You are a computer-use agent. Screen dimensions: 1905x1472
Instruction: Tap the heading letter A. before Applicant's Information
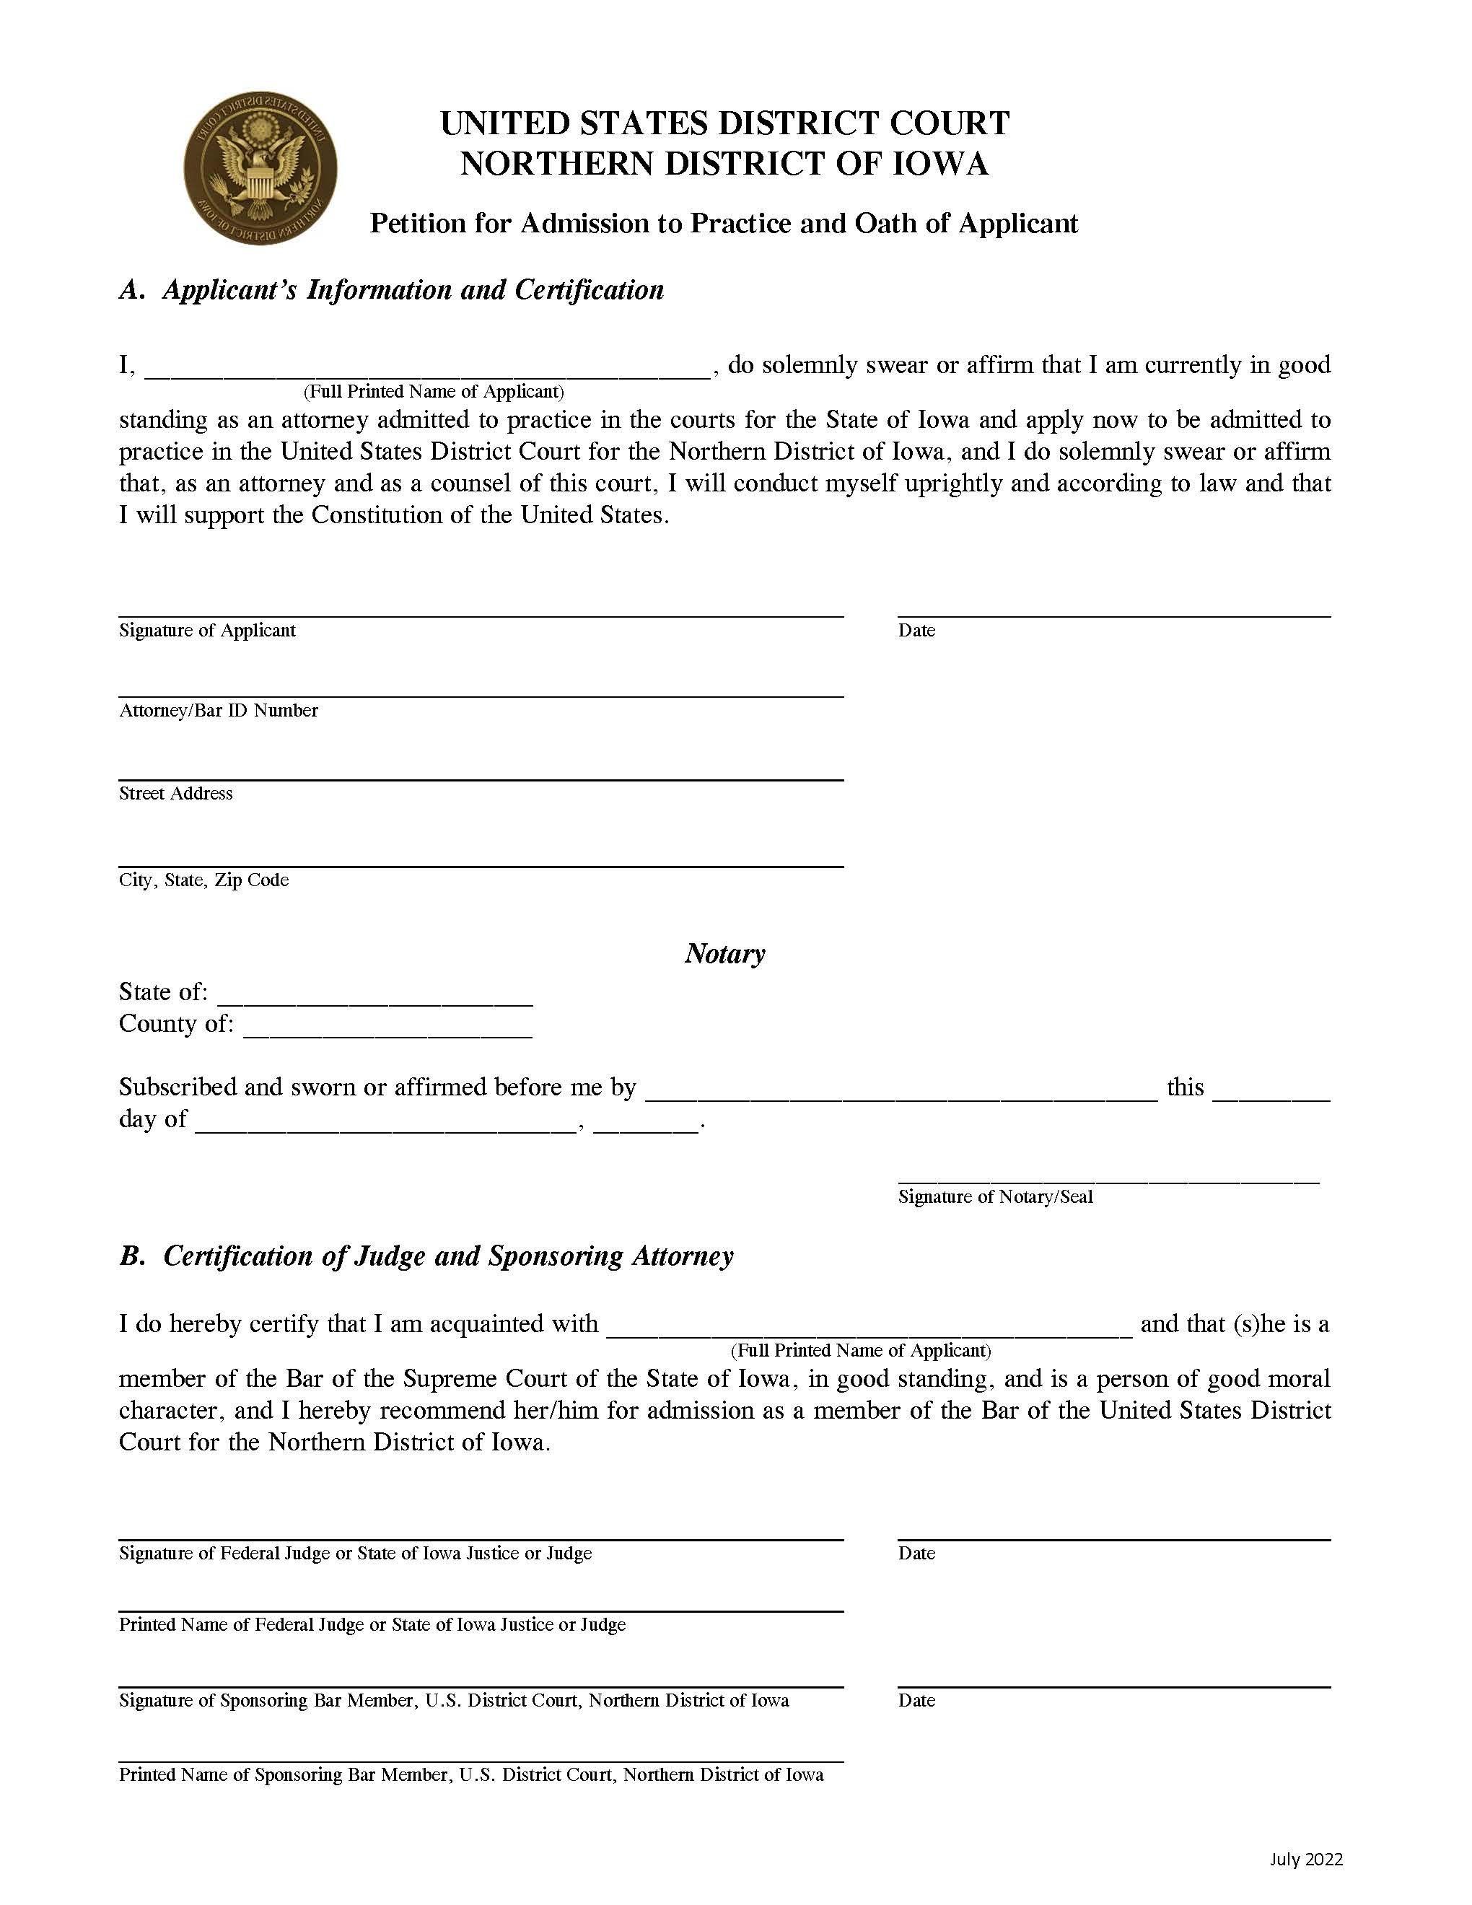click(x=131, y=289)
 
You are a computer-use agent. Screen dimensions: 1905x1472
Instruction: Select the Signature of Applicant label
click(x=208, y=631)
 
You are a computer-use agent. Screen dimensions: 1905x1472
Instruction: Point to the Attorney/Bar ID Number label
click(x=218, y=711)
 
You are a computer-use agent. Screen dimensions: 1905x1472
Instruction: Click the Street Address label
click(x=175, y=794)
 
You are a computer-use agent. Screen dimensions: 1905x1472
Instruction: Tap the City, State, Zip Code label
click(x=203, y=880)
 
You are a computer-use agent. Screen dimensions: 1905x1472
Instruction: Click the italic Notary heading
click(x=724, y=953)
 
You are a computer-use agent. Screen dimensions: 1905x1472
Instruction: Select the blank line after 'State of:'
click(x=375, y=997)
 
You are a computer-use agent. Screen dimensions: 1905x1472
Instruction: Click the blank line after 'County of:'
click(x=388, y=1029)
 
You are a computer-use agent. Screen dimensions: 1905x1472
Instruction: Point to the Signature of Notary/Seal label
click(x=995, y=1196)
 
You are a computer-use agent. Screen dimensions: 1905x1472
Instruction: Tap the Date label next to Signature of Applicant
click(x=916, y=631)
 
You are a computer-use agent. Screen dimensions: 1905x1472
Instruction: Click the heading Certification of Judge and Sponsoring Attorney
click(x=448, y=1256)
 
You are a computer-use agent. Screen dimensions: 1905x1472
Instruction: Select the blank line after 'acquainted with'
click(x=869, y=1328)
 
